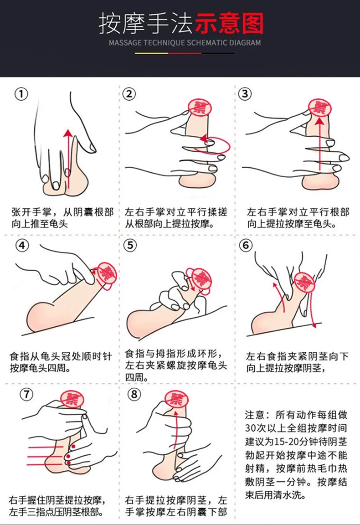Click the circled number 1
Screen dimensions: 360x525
tap(21, 94)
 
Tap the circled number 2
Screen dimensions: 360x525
tap(129, 94)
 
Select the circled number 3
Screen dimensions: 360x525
tap(245, 94)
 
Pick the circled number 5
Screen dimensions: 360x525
tap(130, 246)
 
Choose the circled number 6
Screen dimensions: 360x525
tap(246, 246)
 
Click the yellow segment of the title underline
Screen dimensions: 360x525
tap(151, 53)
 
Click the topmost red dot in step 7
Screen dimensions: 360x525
tap(73, 447)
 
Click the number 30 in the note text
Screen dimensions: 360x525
tap(251, 428)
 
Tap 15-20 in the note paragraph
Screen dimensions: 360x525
tap(286, 442)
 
